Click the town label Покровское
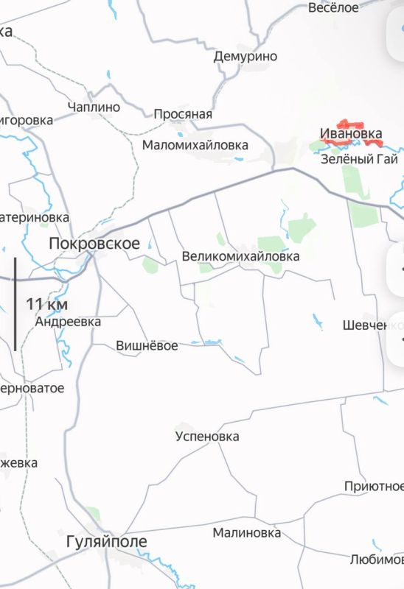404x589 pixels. coord(94,244)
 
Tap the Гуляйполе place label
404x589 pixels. coord(105,542)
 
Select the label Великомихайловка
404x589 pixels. coord(240,257)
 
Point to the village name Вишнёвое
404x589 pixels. coord(147,345)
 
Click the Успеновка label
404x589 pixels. coord(207,437)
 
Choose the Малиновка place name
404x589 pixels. coord(246,532)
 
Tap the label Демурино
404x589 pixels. coord(245,56)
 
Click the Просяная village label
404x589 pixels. coord(182,114)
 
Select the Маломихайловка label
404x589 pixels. coord(195,145)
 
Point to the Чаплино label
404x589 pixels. coord(93,107)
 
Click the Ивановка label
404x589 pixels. coord(351,134)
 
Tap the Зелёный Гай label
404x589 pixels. coord(361,159)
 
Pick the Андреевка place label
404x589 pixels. coord(68,322)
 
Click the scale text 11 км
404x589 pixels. coord(47,303)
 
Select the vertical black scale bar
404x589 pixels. coord(15,303)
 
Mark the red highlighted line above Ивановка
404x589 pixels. coord(349,124)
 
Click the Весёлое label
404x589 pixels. coord(333,7)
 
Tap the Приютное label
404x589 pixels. coord(374,487)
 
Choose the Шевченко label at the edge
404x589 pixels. coord(373,325)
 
